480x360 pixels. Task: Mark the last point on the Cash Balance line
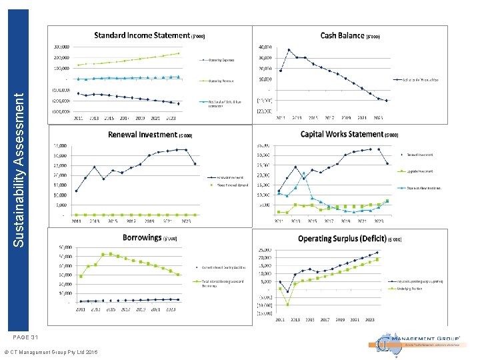pyautogui.click(x=387, y=101)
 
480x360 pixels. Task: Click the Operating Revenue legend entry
pyautogui.click(x=220, y=81)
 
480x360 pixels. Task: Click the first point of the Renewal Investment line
pyautogui.click(x=76, y=191)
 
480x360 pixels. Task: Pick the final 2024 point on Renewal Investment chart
pyautogui.click(x=195, y=164)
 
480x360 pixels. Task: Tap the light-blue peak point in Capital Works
pyautogui.click(x=304, y=173)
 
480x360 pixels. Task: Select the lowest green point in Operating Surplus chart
pyautogui.click(x=288, y=304)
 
